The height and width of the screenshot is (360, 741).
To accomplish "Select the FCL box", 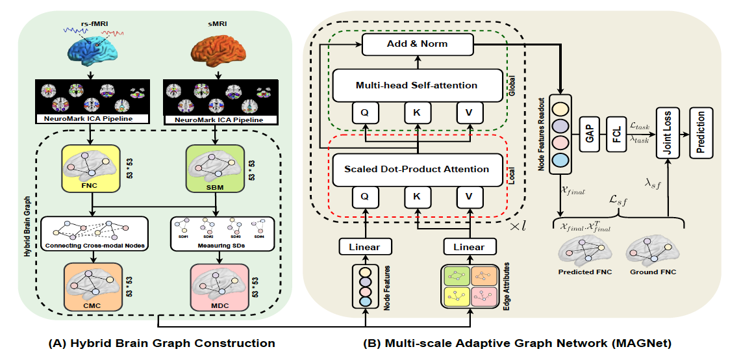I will [615, 135].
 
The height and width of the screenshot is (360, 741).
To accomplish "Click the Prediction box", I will [700, 135].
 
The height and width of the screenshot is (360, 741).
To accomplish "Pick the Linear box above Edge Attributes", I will [468, 247].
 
